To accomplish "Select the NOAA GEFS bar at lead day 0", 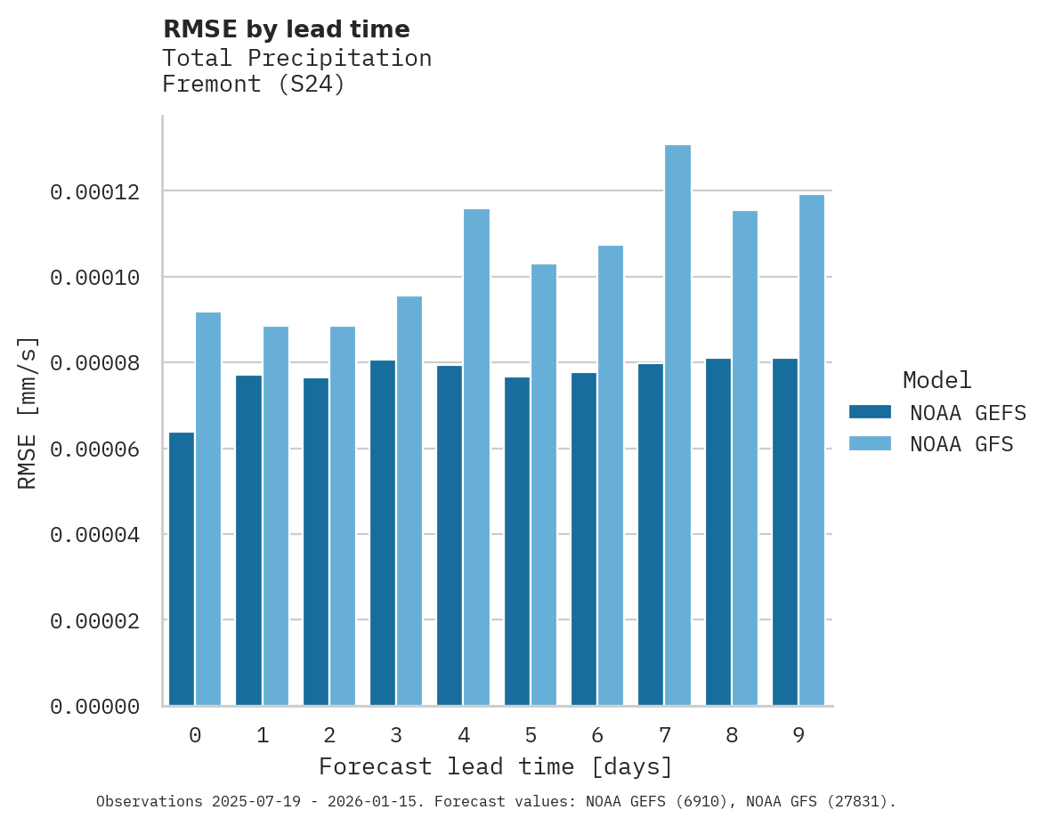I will (182, 569).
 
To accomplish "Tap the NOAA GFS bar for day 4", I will (476, 458).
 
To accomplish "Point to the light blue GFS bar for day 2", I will (343, 516).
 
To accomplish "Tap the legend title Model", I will (937, 380).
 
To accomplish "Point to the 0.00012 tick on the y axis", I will (95, 192).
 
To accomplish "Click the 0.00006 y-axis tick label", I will (95, 449).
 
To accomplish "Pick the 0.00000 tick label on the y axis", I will (95, 707).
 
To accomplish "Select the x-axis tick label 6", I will (597, 735).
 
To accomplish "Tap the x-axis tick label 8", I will (732, 735).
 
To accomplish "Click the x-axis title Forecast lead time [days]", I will (496, 766).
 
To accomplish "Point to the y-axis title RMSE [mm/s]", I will (28, 413).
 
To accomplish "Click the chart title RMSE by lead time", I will (286, 29).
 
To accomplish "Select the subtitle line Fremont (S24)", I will (253, 85).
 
